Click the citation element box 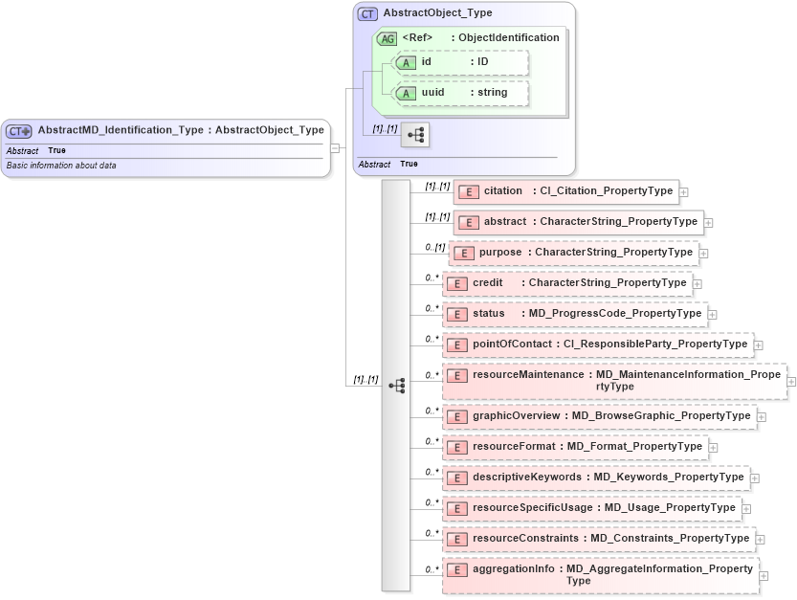coord(565,191)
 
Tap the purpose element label coord(500,253)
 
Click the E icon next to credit coord(457,283)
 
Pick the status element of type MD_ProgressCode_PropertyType coord(574,314)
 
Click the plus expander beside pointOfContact coord(758,344)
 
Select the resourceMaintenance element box coord(612,380)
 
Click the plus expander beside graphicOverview coord(762,416)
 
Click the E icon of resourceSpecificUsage coord(457,507)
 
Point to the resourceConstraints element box coord(598,539)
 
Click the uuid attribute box coord(460,93)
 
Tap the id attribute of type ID coord(460,62)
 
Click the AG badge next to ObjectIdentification coord(387,38)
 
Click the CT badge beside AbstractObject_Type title coord(366,14)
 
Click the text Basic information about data coord(61,165)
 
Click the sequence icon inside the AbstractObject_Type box coord(415,135)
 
